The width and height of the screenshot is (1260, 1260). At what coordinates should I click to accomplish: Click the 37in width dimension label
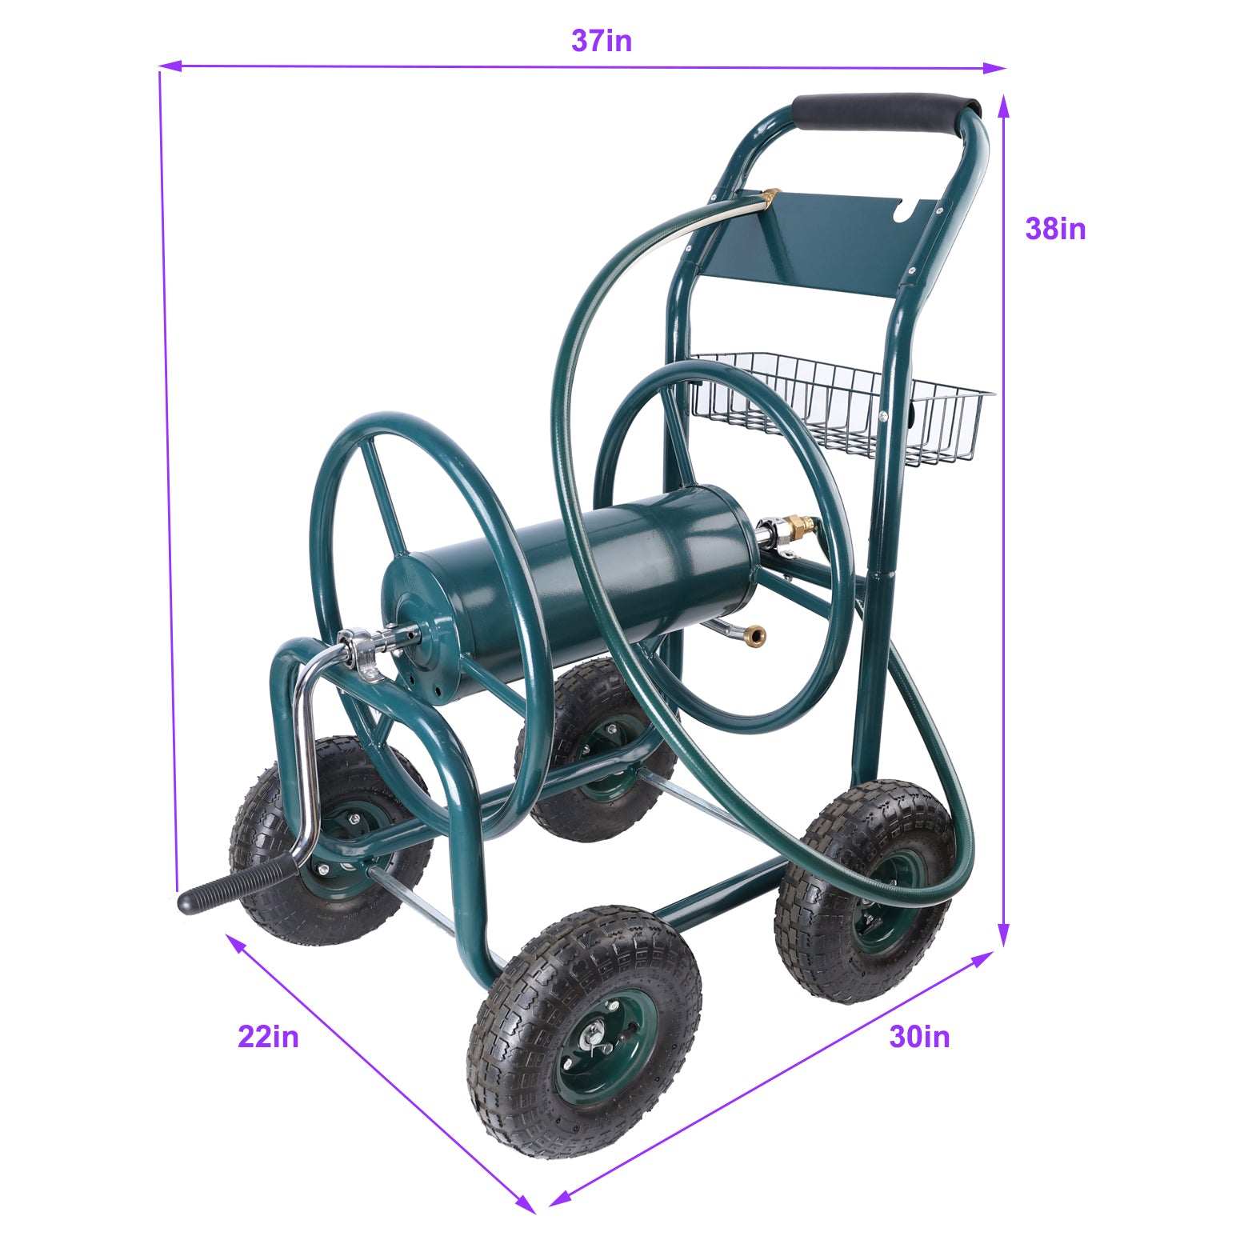(602, 41)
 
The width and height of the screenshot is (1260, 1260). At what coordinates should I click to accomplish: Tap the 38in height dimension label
(1055, 229)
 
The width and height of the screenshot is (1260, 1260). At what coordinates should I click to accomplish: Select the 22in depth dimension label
(268, 1037)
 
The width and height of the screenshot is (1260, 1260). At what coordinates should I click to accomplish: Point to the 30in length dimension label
(919, 1037)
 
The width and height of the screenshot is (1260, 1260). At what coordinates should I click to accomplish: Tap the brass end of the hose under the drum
(754, 638)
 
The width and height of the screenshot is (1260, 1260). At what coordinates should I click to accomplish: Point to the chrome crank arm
(308, 760)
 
